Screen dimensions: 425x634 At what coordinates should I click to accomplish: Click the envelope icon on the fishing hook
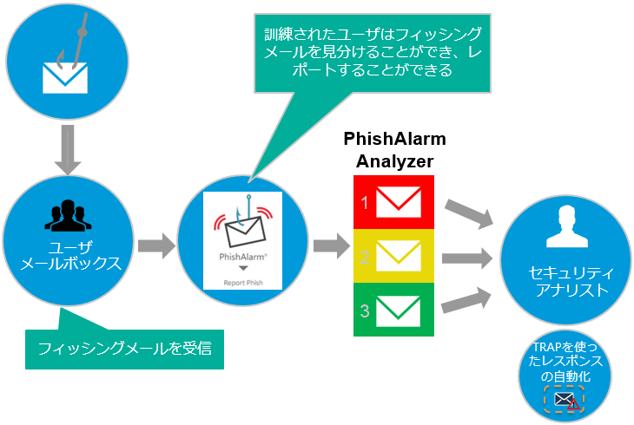pos(61,77)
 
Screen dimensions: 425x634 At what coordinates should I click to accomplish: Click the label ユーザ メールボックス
pos(64,255)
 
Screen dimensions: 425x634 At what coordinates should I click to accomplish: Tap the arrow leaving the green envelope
pos(469,299)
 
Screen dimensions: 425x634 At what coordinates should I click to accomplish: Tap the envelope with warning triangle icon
pos(565,400)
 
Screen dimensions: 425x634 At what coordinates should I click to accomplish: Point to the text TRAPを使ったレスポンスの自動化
pos(565,363)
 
